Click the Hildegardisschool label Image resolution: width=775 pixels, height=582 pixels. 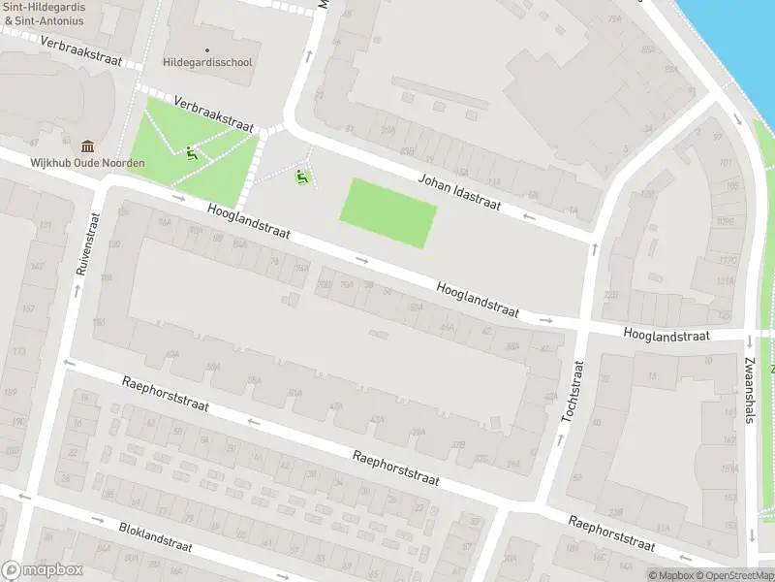[x=208, y=62]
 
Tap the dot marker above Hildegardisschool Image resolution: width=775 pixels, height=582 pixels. [x=207, y=49]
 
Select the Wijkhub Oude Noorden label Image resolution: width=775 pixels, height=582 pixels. [x=87, y=162]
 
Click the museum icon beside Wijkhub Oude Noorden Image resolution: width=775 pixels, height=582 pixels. [x=88, y=146]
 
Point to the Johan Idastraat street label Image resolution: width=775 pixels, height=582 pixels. [x=458, y=192]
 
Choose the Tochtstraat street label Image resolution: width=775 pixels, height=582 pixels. [x=573, y=392]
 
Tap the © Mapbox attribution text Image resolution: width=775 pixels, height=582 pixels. [x=671, y=575]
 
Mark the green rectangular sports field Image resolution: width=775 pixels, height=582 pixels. [x=388, y=212]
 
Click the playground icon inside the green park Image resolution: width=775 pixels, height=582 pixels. [x=192, y=153]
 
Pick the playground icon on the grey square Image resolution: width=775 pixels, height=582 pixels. [x=302, y=177]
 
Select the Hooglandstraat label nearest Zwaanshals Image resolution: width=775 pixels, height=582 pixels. [x=667, y=336]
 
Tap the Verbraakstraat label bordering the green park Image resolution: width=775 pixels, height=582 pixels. [x=214, y=113]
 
